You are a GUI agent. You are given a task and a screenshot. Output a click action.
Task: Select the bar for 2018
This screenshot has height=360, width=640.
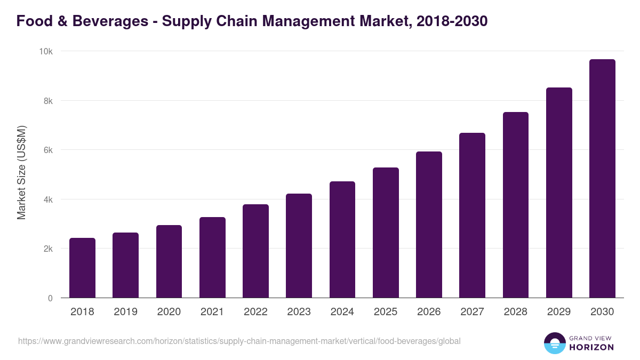coord(82,268)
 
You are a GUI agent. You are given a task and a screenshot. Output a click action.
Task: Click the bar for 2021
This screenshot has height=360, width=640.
coord(212,258)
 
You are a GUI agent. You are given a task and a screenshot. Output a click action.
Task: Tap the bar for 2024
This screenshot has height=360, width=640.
coord(342,239)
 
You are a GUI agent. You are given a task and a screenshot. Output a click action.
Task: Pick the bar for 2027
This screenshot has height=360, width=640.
coord(472,215)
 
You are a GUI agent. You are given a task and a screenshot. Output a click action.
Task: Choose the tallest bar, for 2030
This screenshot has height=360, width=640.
coord(602,179)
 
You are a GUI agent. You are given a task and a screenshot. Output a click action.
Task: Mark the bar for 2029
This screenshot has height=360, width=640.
coord(559,193)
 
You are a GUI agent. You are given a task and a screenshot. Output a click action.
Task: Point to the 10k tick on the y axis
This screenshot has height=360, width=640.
coord(46,51)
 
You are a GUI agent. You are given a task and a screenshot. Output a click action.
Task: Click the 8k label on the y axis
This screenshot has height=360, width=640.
coord(47,101)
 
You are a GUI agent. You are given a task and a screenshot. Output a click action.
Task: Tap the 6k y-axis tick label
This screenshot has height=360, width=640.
coord(47,150)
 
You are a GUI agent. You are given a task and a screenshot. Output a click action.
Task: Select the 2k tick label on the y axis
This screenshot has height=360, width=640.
coord(47,249)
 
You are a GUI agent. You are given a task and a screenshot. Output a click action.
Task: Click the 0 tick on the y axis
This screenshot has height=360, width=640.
coord(50,299)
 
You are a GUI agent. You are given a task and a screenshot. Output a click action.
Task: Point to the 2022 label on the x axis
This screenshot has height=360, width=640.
coord(255,312)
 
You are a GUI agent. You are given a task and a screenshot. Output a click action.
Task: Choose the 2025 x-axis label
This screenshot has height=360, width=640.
coord(386,312)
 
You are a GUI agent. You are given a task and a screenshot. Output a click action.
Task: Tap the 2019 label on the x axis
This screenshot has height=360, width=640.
coord(125,312)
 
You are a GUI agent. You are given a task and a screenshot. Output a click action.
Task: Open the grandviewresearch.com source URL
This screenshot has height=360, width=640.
coord(239,341)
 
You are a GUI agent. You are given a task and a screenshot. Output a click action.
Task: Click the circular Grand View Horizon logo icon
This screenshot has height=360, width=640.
coord(554,343)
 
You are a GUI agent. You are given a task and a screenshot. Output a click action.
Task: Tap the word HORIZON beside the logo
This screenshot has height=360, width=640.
coord(591,347)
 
